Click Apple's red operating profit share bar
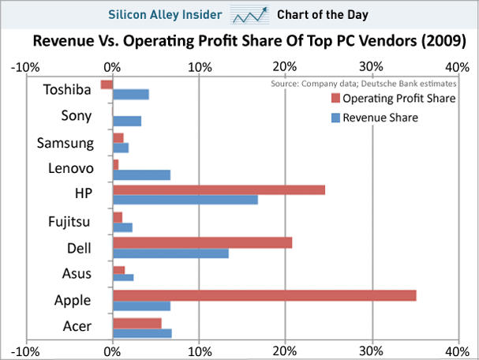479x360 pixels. (x=264, y=295)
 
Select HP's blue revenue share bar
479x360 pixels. (x=185, y=200)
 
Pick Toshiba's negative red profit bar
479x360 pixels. (x=107, y=84)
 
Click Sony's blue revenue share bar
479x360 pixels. (x=127, y=121)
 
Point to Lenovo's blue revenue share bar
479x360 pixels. (x=141, y=174)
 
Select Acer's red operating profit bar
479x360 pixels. (x=137, y=323)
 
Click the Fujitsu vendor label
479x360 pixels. (x=69, y=222)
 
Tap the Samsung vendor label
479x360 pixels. (x=65, y=143)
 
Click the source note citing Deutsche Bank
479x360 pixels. (x=364, y=82)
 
